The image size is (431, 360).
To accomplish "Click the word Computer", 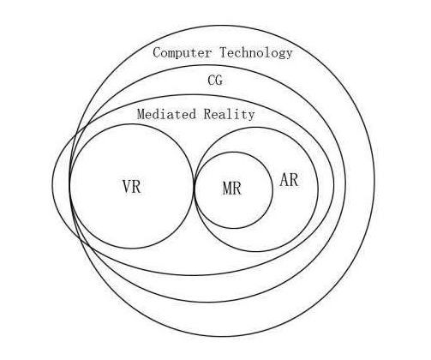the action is [183, 53].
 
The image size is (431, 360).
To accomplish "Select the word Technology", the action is [256, 53].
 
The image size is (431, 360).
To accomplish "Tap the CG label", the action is [215, 81].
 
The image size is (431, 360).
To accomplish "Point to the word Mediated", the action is [166, 114].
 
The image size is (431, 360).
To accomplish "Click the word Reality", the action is [229, 114].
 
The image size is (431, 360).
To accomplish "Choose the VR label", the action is [132, 187].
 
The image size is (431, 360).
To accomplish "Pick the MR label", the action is [232, 189].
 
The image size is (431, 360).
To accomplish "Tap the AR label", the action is [289, 180].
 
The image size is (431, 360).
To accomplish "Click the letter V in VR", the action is [127, 187].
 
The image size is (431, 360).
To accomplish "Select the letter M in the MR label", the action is [227, 189].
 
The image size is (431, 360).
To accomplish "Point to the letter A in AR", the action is [284, 180].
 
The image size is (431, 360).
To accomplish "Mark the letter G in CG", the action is [219, 81].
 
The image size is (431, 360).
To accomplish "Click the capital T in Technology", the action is [224, 53].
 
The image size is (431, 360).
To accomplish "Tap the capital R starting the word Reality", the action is [207, 114].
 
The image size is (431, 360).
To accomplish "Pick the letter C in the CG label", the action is [212, 81].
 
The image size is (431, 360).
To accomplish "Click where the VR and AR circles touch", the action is [195, 187].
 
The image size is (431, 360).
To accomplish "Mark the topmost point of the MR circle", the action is [233, 152].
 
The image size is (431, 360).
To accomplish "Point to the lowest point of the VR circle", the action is [132, 249].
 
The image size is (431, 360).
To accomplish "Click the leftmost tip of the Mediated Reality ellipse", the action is [52, 184].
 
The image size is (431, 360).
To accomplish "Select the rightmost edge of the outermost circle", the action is [374, 181].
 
